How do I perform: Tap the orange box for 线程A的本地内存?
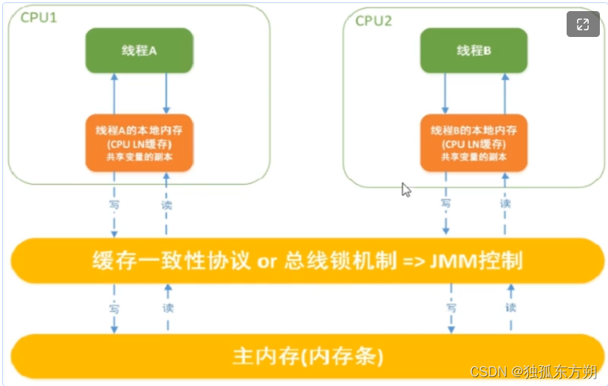pyautogui.click(x=139, y=142)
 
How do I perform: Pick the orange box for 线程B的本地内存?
pyautogui.click(x=474, y=142)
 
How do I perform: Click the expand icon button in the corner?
pyautogui.click(x=583, y=24)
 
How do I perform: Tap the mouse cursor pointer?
pyautogui.click(x=406, y=189)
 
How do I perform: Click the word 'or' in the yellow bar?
pyautogui.click(x=264, y=261)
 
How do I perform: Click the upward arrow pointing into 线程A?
pyautogui.click(x=115, y=92)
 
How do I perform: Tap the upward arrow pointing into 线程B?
pyautogui.click(x=505, y=92)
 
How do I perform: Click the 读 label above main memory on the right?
pyautogui.click(x=510, y=307)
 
